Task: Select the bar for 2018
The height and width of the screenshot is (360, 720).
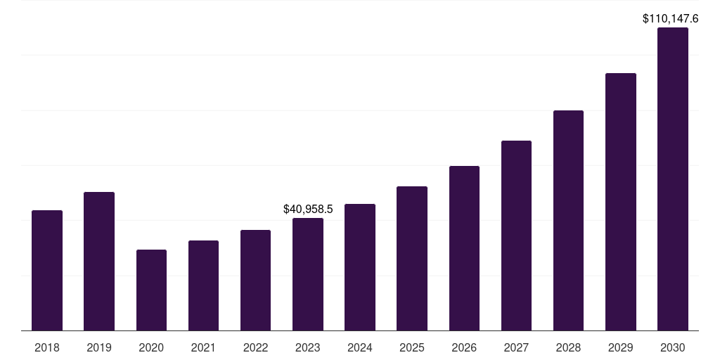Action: [x=47, y=271]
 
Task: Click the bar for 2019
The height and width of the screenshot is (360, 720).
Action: [x=99, y=262]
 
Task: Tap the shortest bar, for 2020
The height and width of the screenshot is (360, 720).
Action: [x=151, y=290]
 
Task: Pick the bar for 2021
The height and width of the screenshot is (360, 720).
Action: [x=203, y=285]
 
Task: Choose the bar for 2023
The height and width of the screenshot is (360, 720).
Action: [x=308, y=274]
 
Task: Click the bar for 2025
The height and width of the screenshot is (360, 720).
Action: [x=412, y=259]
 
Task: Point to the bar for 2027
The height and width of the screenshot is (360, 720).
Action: [x=516, y=236]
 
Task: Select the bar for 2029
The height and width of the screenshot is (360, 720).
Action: [x=621, y=202]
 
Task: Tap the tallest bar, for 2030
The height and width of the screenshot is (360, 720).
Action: [x=673, y=179]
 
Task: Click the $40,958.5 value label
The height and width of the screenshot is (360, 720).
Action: [x=308, y=209]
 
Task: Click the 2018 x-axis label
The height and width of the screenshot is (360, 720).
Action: [x=47, y=347]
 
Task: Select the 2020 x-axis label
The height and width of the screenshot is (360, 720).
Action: [x=151, y=347]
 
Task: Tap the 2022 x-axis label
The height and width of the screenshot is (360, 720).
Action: [x=255, y=347]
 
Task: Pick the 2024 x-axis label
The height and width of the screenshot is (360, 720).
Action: [x=360, y=347]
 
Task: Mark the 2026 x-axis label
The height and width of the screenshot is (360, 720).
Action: [x=464, y=347]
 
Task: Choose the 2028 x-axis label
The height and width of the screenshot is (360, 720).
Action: [x=568, y=347]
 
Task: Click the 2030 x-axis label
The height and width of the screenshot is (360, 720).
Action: [x=673, y=347]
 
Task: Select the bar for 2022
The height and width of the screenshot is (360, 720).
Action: [x=255, y=281]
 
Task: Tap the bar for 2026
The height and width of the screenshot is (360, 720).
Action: [x=464, y=248]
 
